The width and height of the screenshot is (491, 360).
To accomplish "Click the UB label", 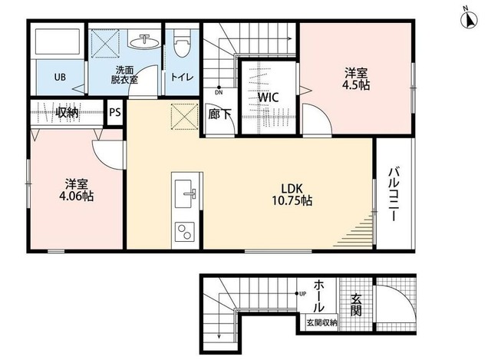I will pos(59,77).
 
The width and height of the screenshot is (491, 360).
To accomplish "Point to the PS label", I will pos(115,112).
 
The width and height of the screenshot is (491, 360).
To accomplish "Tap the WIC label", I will pos(268,97).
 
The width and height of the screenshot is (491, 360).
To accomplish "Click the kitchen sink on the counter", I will pos(186,194).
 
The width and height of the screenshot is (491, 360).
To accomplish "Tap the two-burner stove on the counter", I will pos(186,231).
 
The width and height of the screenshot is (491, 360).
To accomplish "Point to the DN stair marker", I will pos(219,92).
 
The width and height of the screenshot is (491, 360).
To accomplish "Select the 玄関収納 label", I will pos(321,323).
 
